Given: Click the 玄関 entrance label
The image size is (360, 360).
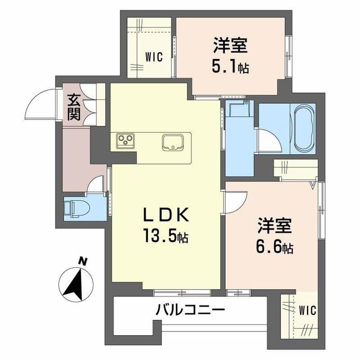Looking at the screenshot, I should click(74, 107).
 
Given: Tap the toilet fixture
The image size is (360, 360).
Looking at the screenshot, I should click(71, 208).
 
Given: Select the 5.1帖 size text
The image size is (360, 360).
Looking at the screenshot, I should click(231, 67).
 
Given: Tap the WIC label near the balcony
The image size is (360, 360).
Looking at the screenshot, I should click(308, 310).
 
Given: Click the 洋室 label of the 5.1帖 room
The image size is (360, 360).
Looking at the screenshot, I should click(231, 45).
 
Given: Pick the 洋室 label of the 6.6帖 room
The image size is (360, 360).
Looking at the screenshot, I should click(274, 225).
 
